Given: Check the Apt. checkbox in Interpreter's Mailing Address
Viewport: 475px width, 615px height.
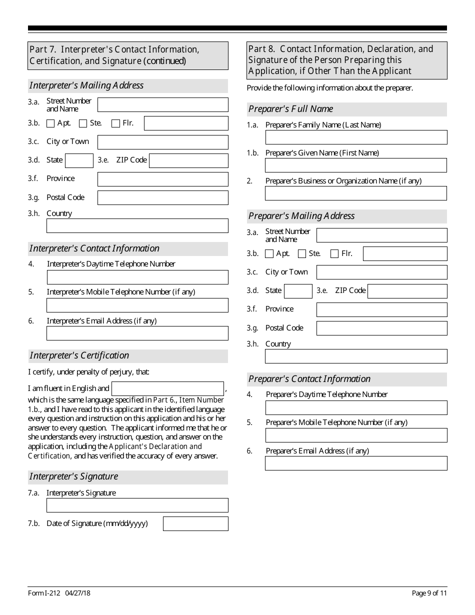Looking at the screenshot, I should click(x=50, y=123).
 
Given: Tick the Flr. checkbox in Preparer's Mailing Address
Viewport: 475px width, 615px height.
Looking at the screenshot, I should click(x=334, y=254).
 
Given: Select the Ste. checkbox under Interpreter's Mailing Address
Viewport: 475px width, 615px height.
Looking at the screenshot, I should click(x=83, y=123).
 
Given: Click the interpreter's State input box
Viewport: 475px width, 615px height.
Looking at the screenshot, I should click(x=79, y=160).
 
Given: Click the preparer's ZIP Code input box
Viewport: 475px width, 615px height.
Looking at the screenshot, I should click(x=407, y=291).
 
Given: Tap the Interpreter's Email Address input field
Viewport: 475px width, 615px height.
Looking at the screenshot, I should click(x=137, y=333).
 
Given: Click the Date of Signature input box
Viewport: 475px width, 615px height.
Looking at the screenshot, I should click(x=195, y=523).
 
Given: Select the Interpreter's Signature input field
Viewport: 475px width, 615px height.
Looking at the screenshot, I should click(x=137, y=505).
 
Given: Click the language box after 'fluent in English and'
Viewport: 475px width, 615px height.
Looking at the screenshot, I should click(x=167, y=388).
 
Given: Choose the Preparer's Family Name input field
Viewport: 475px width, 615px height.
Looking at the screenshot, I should click(x=356, y=137).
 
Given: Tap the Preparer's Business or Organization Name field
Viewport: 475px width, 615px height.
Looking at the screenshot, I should click(x=356, y=193).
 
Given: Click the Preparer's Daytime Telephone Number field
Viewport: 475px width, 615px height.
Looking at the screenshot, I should click(x=356, y=407).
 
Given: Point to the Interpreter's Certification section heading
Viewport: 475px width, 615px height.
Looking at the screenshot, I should click(x=79, y=355).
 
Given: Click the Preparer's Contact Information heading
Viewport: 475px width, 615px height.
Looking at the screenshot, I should click(x=309, y=379).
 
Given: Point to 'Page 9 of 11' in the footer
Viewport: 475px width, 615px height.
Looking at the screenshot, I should click(x=429, y=593).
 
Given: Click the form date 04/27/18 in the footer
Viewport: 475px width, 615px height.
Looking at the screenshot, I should click(x=77, y=593).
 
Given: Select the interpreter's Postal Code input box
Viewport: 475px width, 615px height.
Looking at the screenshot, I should click(x=162, y=198).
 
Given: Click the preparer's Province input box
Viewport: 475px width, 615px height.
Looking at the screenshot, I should click(x=381, y=309).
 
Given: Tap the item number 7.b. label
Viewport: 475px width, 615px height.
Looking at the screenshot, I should click(x=33, y=523).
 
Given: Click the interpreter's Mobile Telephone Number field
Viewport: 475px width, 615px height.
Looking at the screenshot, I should click(x=137, y=305).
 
